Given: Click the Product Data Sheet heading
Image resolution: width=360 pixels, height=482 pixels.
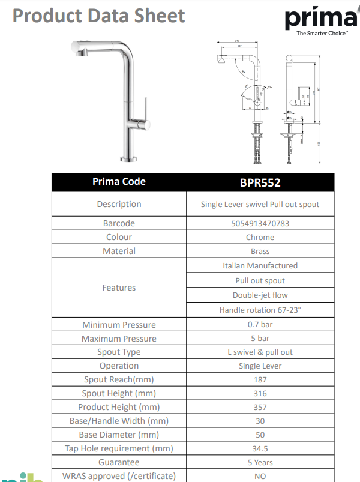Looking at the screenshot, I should [99, 16].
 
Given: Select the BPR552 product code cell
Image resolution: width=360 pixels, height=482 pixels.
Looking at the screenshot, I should [260, 182].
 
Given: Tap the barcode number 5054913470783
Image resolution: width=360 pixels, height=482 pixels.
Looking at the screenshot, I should [260, 223].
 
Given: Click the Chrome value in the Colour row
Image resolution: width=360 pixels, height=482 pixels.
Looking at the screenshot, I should [260, 237].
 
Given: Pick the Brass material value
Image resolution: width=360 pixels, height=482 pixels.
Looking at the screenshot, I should [260, 251].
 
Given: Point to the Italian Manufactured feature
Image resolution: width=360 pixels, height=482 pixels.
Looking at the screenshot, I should [260, 265].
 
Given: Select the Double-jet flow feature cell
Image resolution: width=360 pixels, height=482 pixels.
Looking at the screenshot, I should [260, 295].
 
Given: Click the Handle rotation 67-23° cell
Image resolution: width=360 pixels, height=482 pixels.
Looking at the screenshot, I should [260, 310].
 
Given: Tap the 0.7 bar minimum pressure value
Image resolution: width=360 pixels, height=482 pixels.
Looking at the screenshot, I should [260, 325].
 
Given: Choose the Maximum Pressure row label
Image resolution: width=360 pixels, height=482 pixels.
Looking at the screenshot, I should [119, 339].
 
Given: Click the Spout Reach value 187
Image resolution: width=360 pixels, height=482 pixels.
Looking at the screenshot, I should [260, 379].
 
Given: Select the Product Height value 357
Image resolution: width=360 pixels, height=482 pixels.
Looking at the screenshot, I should [260, 407].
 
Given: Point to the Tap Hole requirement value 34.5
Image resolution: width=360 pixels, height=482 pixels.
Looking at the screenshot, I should [260, 448].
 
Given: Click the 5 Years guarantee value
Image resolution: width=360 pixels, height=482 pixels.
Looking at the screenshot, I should [260, 462].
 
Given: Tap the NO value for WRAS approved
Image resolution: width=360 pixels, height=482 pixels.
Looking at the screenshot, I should [260, 476].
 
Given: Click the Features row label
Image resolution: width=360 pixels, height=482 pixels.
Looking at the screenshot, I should [119, 288].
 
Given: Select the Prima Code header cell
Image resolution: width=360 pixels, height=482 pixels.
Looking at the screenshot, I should [119, 182].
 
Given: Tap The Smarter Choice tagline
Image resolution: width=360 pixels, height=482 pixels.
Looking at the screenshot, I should [322, 34].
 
